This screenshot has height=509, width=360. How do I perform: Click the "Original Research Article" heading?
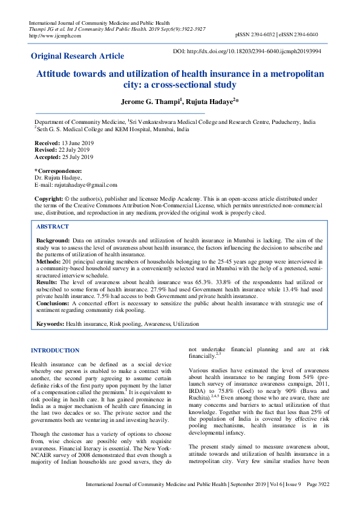[77, 56]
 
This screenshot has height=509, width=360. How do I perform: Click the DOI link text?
[255, 52]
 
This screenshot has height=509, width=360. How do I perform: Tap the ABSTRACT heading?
[53, 226]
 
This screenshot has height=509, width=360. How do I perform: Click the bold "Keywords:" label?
[51, 325]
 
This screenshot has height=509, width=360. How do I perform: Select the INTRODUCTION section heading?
[55, 351]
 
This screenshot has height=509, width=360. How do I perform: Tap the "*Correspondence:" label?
[58, 171]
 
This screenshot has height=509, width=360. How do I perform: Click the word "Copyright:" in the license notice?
[49, 198]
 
